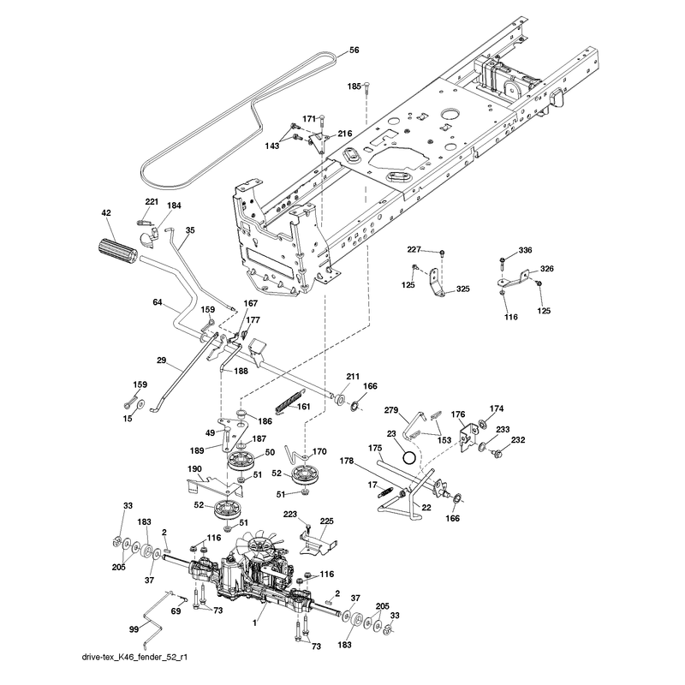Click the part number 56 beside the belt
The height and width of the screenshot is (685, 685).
pos(354,51)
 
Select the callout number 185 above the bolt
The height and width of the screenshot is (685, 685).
pos(354,86)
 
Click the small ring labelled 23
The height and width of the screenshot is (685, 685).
pos(409,457)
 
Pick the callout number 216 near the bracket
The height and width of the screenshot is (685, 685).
pos(345,134)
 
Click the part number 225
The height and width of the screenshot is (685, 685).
pos(327,521)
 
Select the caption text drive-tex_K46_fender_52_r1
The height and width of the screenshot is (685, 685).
pos(134,657)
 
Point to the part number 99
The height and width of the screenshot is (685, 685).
pos(134,629)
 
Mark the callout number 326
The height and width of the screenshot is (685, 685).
pos(547,269)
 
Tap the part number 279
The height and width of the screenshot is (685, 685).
pos(391,410)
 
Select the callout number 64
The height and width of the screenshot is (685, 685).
pos(158,302)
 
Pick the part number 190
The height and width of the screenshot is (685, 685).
pos(194,468)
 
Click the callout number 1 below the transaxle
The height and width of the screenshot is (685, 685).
pos(254,623)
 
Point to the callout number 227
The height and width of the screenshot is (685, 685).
pos(414,249)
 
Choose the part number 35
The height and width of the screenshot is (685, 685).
pos(190,230)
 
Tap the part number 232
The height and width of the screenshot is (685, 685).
pos(518,440)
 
